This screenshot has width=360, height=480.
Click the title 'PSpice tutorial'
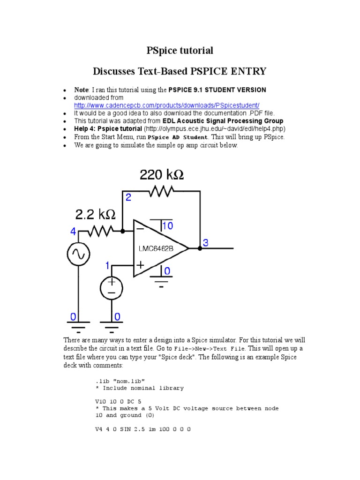(180, 50)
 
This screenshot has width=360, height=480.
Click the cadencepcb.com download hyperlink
(166, 105)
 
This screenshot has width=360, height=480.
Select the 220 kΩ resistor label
(162, 175)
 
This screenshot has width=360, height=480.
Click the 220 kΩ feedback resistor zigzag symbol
(161, 191)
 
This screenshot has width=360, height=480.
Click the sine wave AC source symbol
(78, 255)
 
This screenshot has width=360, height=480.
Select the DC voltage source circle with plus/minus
(112, 288)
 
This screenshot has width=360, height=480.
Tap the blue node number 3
(205, 242)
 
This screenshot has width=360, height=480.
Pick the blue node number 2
(128, 198)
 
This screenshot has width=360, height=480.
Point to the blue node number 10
(167, 226)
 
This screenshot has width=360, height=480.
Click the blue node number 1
(107, 266)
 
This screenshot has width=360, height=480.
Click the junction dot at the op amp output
(200, 248)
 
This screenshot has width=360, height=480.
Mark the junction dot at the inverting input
(122, 231)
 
